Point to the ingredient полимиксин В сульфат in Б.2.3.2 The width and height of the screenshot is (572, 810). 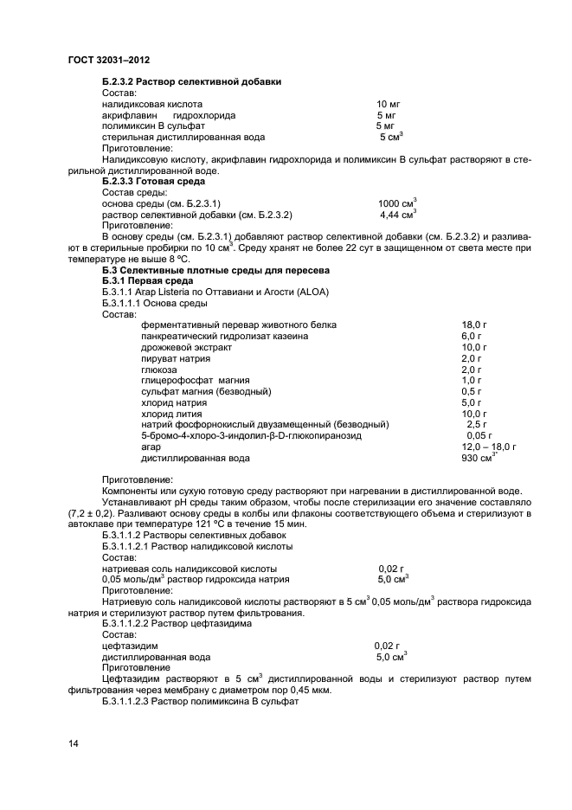coord(153,125)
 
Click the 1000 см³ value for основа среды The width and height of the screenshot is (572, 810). coord(398,203)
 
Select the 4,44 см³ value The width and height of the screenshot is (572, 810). coord(398,215)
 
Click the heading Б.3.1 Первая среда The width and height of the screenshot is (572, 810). coord(150,282)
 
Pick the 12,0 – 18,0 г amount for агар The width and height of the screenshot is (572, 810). coord(489,447)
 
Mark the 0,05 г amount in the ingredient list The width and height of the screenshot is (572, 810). coord(479,436)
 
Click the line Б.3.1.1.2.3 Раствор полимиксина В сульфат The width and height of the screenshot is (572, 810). coord(200,701)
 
